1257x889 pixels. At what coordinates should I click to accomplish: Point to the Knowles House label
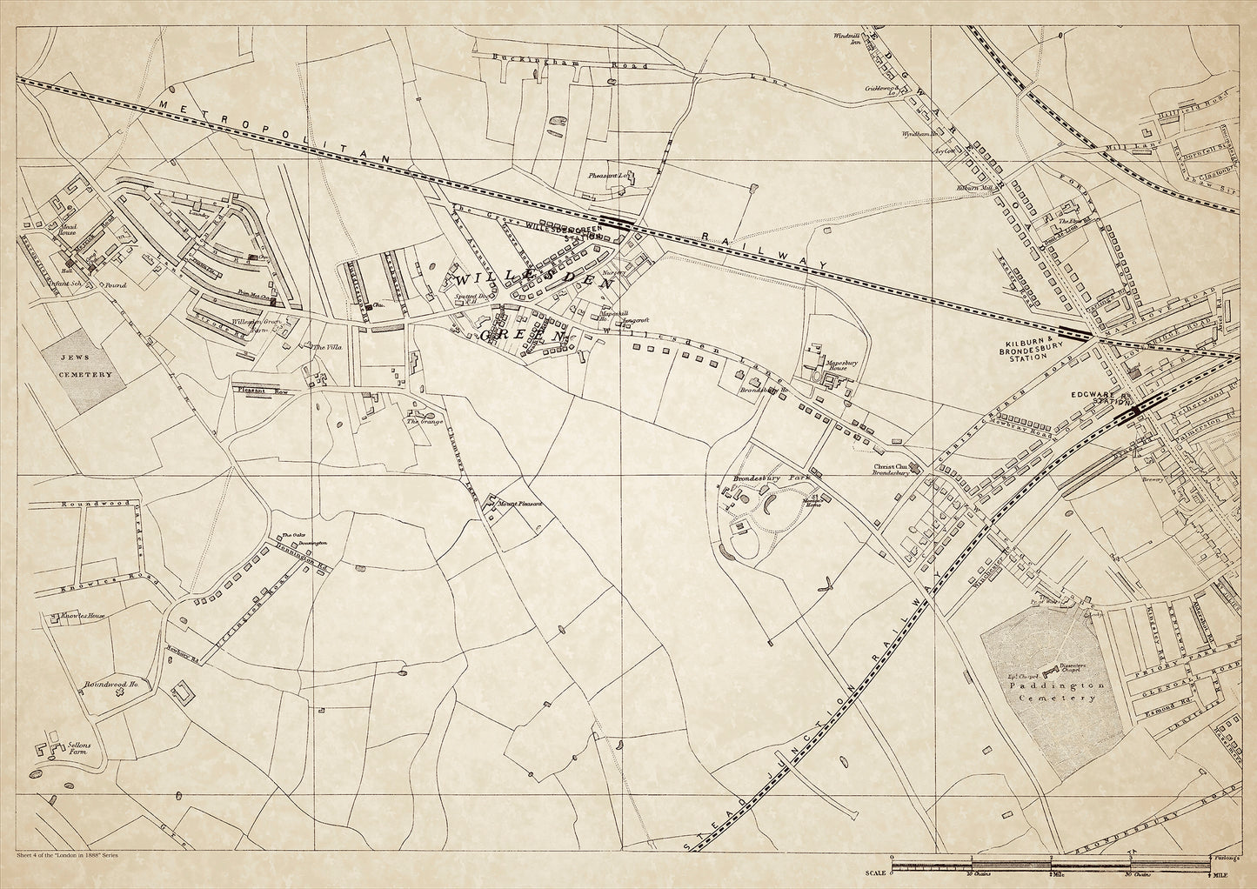click(84, 616)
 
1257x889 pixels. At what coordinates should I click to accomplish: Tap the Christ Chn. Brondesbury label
click(892, 470)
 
